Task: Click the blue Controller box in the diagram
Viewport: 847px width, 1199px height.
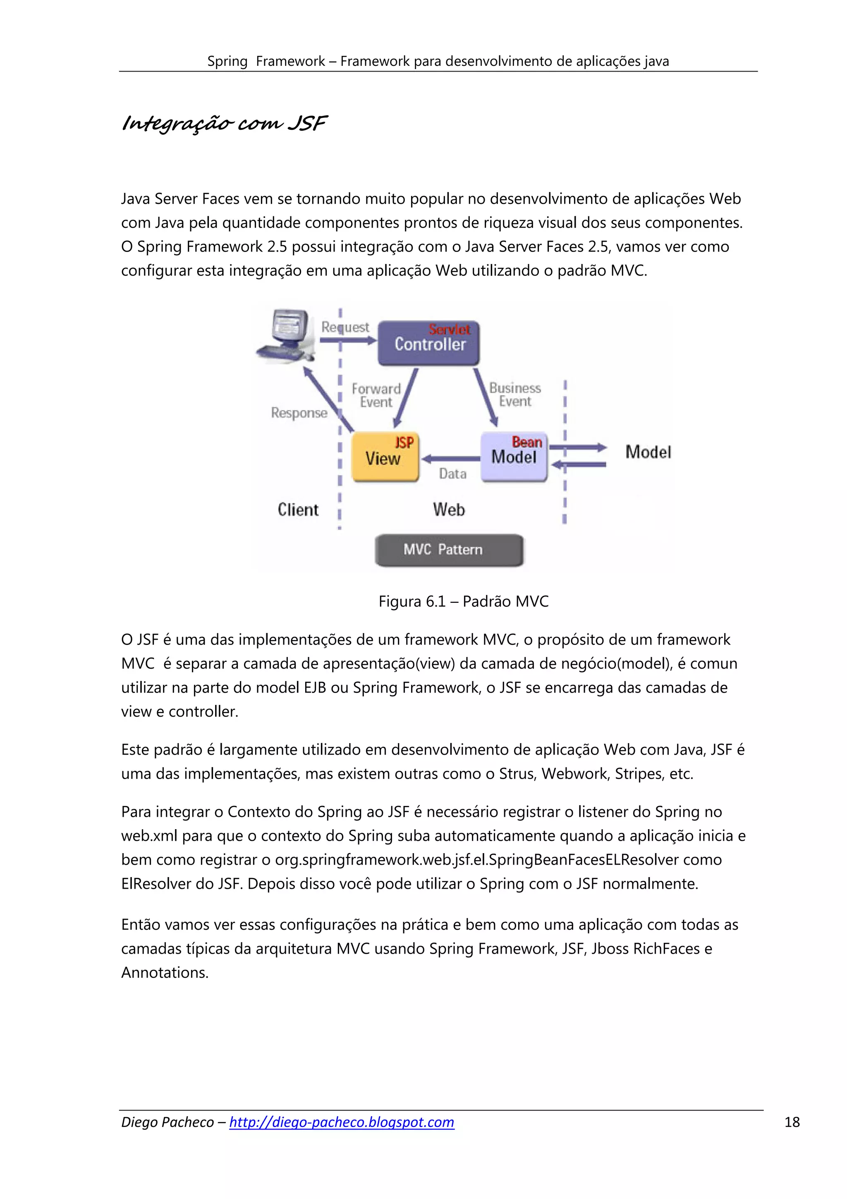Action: pyautogui.click(x=428, y=343)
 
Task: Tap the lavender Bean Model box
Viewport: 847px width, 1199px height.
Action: pyautogui.click(x=514, y=456)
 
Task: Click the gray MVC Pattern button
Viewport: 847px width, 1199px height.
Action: pyautogui.click(x=449, y=549)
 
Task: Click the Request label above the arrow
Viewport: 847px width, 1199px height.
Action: pyautogui.click(x=345, y=327)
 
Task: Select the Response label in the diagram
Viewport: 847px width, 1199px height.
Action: pyautogui.click(x=299, y=412)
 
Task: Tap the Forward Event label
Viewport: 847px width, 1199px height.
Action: pyautogui.click(x=376, y=395)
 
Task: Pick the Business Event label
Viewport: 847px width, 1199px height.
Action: pyautogui.click(x=514, y=394)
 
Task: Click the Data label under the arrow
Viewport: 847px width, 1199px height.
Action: pyautogui.click(x=452, y=474)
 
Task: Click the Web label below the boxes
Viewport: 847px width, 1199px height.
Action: pyautogui.click(x=448, y=509)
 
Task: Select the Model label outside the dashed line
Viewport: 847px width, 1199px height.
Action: pyautogui.click(x=648, y=452)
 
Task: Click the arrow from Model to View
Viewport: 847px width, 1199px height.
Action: pyautogui.click(x=451, y=459)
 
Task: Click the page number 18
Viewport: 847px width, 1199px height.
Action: pyautogui.click(x=792, y=1122)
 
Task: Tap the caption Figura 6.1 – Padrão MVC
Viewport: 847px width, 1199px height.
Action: pyautogui.click(x=464, y=601)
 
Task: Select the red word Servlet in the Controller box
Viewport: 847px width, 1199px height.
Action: pyautogui.click(x=449, y=329)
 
